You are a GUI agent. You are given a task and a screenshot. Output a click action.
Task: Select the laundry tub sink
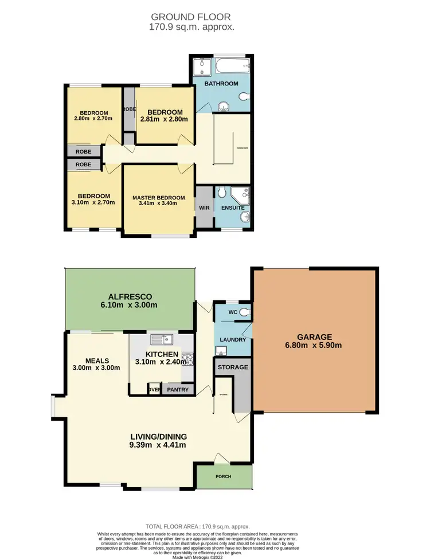(x=221, y=351)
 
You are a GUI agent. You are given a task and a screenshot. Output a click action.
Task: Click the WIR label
(x=204, y=207)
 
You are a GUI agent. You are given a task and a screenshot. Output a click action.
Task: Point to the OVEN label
(x=153, y=390)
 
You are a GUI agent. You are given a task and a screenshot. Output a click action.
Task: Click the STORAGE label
(x=233, y=367)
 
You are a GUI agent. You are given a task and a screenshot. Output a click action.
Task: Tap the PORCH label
(x=224, y=476)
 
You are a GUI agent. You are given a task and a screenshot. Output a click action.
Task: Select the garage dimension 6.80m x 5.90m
(x=315, y=345)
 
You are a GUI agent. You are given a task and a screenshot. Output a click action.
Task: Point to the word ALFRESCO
(x=130, y=296)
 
